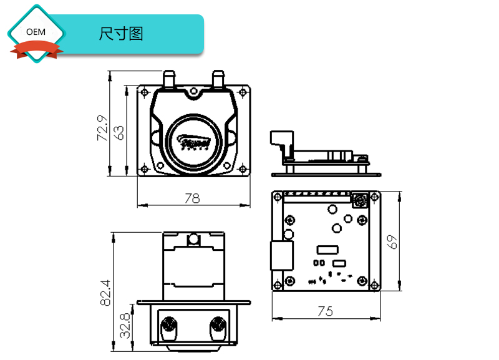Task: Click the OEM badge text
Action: click(36, 31)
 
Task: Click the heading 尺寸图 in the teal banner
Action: click(121, 34)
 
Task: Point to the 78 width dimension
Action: click(193, 198)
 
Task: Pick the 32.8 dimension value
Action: click(125, 326)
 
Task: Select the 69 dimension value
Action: click(392, 241)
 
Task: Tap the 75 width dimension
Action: click(326, 311)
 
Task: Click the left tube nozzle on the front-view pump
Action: click(168, 79)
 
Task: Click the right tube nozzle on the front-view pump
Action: click(218, 79)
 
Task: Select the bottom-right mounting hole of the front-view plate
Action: click(243, 167)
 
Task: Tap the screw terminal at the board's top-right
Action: click(360, 200)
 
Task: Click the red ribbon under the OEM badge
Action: click(36, 49)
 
